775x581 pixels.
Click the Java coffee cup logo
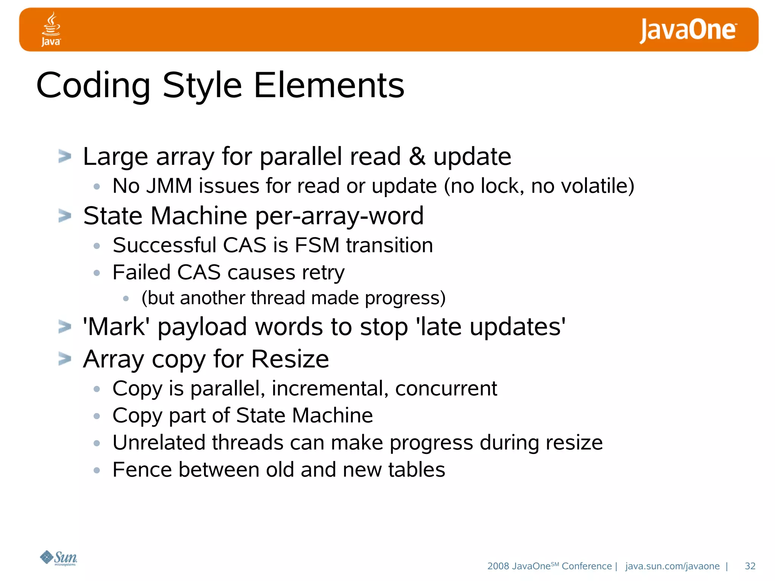51,29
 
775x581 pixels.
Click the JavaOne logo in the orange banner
688,30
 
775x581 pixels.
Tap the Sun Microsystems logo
59,558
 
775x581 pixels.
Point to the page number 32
750,566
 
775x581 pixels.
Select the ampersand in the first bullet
417,157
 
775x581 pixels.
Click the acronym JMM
169,186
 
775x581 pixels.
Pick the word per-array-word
339,216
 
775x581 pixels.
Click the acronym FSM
317,245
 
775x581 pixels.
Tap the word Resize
290,359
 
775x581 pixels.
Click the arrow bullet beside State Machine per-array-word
65,216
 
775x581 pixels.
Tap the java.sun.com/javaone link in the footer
672,566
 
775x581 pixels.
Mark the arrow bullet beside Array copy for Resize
65,359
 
